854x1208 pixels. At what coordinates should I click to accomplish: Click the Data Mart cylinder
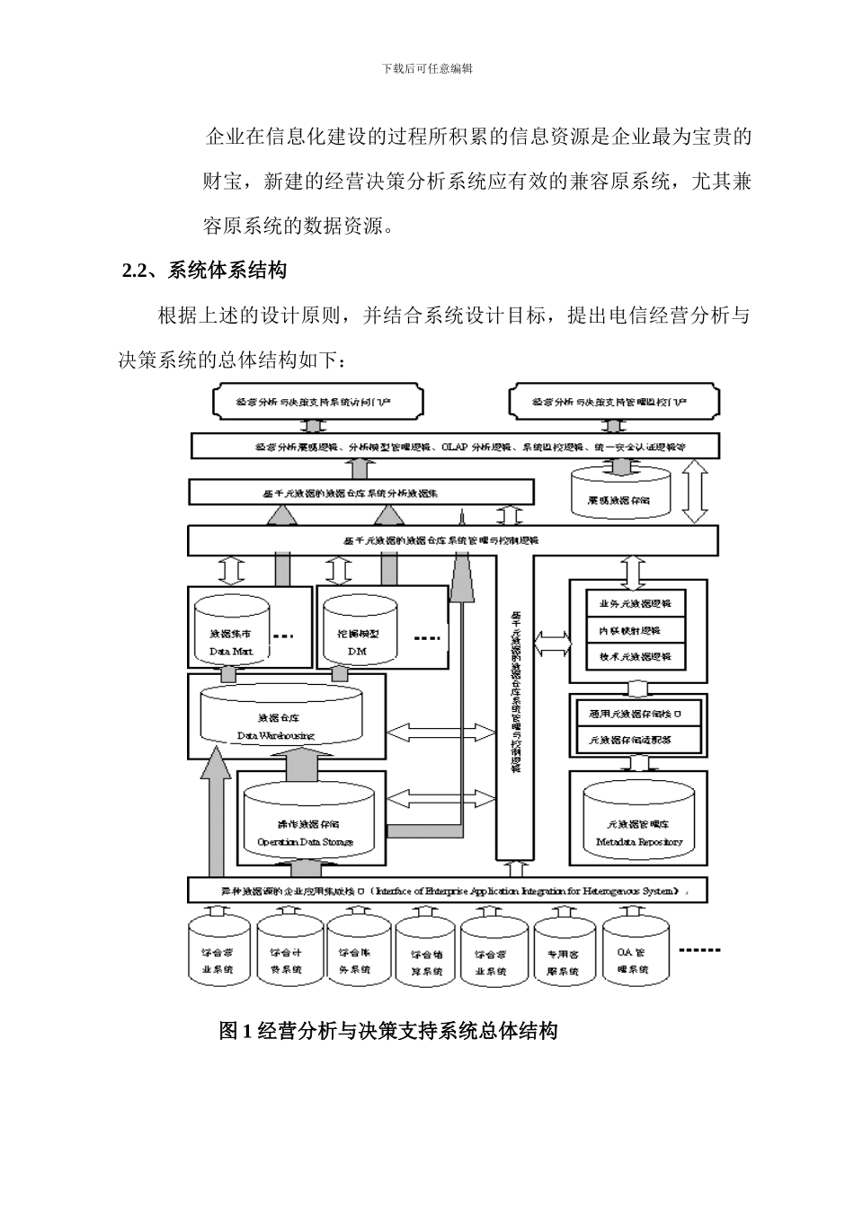(231, 634)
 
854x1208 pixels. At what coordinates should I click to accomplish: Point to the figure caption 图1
(387, 1030)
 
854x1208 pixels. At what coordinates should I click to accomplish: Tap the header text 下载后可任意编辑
(427, 68)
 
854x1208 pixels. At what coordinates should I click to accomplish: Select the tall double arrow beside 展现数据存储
(695, 493)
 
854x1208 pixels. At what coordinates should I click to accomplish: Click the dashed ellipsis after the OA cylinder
(698, 950)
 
